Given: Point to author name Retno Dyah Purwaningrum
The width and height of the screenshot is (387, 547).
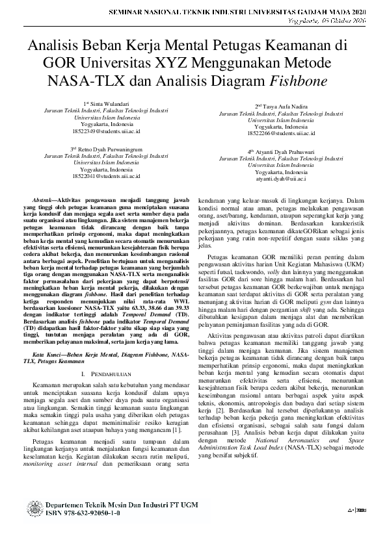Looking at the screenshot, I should [x=109, y=149].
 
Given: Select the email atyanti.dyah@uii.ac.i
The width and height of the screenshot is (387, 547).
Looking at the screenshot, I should [x=281, y=178].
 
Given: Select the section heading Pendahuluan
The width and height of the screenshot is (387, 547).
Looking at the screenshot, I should [x=109, y=375].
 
